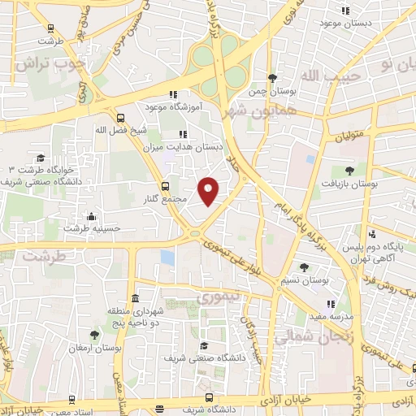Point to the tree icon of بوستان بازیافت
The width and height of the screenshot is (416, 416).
tap(349, 171)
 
